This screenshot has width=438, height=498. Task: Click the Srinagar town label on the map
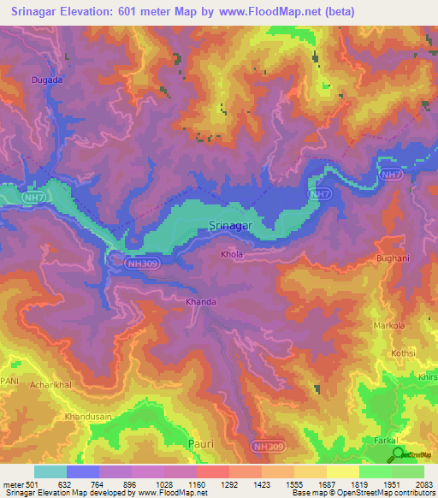(231, 226)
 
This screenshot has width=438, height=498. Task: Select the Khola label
(232, 254)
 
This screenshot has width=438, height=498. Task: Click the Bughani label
(394, 258)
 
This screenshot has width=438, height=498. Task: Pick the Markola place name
(390, 327)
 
